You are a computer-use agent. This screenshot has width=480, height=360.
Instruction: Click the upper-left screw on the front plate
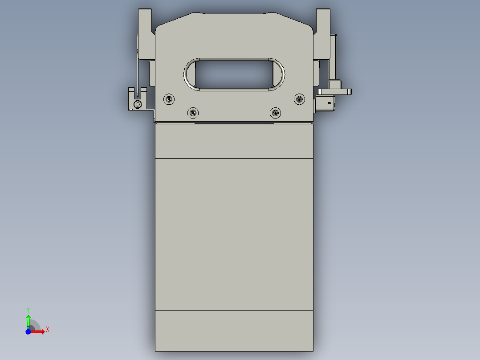click(x=169, y=99)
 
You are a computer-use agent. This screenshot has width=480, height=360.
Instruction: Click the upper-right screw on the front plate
click(x=299, y=99)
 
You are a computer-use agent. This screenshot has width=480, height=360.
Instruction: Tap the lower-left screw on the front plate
click(x=192, y=113)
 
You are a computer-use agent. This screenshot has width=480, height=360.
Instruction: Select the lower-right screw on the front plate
click(x=276, y=113)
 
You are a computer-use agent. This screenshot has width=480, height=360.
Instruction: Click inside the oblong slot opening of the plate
click(x=234, y=74)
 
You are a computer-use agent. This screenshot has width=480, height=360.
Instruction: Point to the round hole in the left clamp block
click(x=138, y=104)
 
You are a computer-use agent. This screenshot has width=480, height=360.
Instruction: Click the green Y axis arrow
click(x=28, y=320)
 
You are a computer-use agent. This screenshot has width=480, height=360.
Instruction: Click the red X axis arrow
click(x=39, y=331)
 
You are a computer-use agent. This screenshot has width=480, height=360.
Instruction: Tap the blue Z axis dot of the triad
click(x=28, y=331)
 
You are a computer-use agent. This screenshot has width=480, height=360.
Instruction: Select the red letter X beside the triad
click(x=48, y=330)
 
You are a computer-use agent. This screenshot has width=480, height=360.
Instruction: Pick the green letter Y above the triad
click(x=28, y=309)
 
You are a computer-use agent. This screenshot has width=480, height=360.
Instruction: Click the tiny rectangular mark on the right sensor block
click(x=329, y=103)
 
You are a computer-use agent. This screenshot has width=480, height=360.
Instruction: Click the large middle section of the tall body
click(x=234, y=234)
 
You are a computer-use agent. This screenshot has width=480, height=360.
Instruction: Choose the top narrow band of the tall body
click(x=234, y=141)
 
